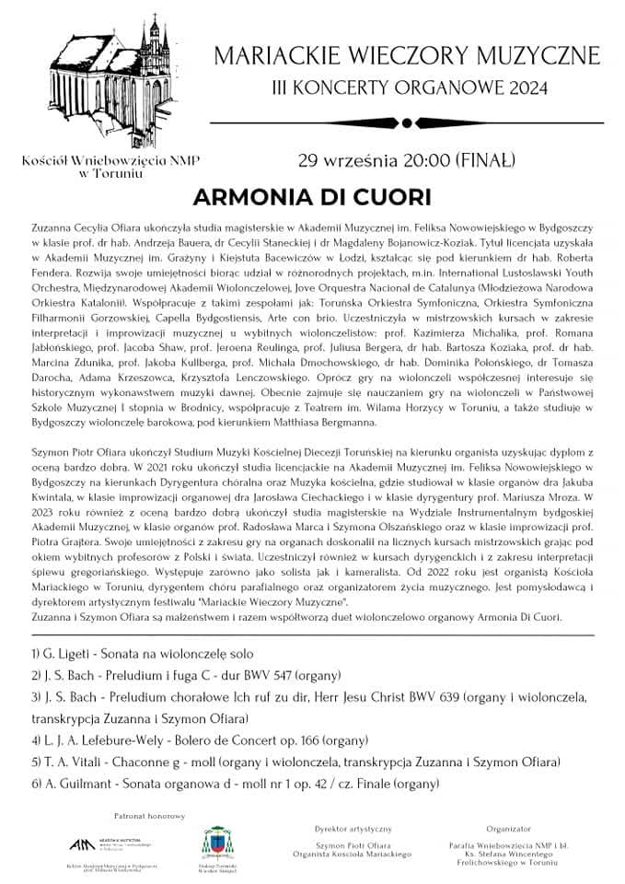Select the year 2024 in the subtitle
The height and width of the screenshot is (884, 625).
tap(526, 89)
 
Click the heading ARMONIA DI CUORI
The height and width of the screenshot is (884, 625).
tap(312, 198)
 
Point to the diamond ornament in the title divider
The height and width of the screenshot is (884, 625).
tap(406, 121)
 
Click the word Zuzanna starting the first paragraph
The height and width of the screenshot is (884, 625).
tap(52, 226)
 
